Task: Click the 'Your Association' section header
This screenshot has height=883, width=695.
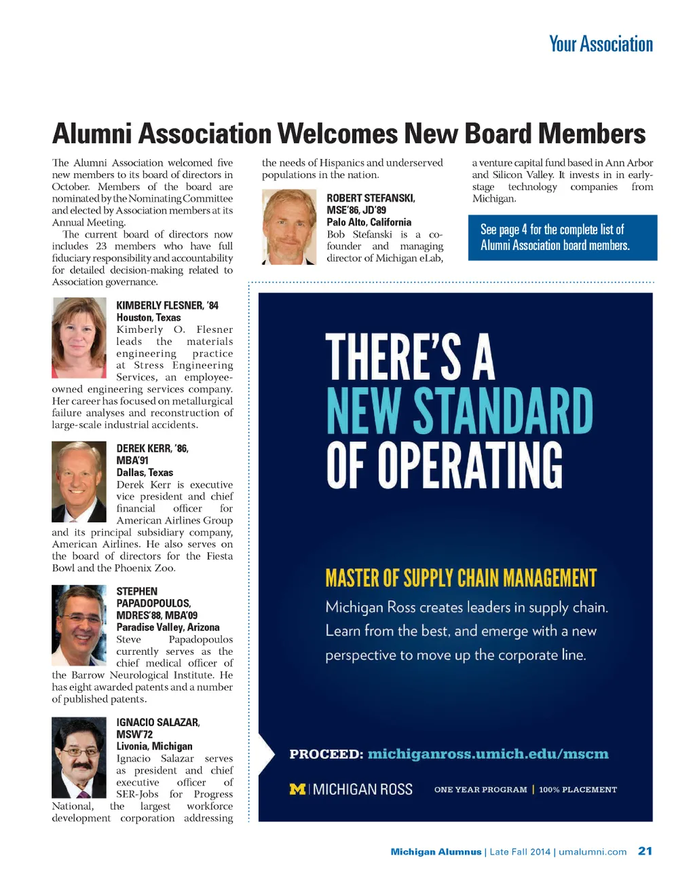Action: [x=601, y=45]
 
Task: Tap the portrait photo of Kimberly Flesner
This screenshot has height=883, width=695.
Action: [x=79, y=338]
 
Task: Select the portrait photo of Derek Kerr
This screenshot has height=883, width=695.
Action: [x=79, y=482]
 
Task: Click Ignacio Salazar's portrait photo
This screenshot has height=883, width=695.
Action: [x=79, y=757]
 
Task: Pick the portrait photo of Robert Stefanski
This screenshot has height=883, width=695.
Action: [x=288, y=227]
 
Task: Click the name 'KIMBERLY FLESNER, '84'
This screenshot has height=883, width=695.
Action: [x=167, y=306]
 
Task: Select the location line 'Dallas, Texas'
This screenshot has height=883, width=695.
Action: [x=145, y=473]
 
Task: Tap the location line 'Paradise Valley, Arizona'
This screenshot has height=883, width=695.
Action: [x=168, y=628]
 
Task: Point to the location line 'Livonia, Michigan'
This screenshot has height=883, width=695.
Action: [x=154, y=746]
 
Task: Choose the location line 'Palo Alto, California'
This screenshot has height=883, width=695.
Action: [x=369, y=222]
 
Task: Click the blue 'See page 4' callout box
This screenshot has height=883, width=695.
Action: [x=562, y=238]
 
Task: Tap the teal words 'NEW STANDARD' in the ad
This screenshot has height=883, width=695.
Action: [x=459, y=411]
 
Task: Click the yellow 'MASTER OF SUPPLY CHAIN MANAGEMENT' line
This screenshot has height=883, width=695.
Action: [x=461, y=578]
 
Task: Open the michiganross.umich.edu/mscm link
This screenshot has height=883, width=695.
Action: [x=488, y=754]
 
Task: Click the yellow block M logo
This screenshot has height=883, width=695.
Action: [x=297, y=789]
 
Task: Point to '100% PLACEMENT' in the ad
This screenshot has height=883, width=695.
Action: [x=578, y=790]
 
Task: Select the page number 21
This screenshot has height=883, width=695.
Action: [x=645, y=851]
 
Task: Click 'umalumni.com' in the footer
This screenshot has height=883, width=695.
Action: [x=593, y=852]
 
